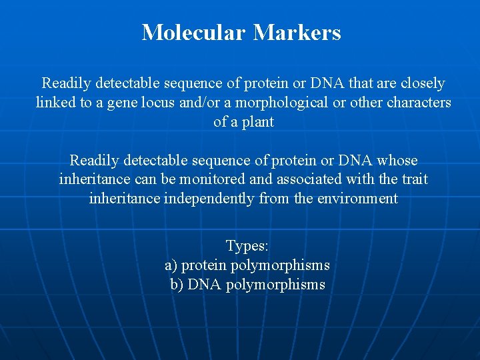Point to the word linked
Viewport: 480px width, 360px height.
click(x=55, y=103)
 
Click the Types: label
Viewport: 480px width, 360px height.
click(x=247, y=246)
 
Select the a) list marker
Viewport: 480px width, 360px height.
click(x=171, y=265)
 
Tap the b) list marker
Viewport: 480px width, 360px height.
click(x=177, y=285)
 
